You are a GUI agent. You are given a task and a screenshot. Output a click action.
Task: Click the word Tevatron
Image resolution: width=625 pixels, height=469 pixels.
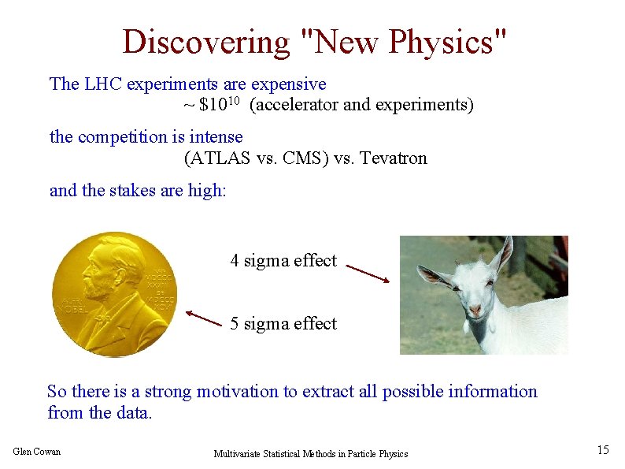point(392,158)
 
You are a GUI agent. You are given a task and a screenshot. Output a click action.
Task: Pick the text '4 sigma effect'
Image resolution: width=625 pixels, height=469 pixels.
point(283,261)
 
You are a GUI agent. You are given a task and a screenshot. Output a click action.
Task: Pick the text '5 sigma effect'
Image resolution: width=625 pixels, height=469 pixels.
point(283,324)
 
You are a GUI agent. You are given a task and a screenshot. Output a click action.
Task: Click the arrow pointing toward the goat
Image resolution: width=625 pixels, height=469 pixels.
point(368,273)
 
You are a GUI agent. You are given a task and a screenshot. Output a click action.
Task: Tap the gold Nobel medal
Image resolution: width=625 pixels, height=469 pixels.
point(115,294)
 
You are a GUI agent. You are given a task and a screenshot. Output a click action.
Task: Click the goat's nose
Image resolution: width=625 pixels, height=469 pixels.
point(475,310)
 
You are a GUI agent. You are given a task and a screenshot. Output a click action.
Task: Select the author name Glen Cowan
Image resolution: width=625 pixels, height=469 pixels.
point(37,452)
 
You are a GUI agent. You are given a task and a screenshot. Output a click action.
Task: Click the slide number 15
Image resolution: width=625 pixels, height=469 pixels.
point(603,450)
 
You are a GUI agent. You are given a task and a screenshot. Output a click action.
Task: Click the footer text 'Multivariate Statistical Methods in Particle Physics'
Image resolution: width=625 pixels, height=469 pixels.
point(311,454)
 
